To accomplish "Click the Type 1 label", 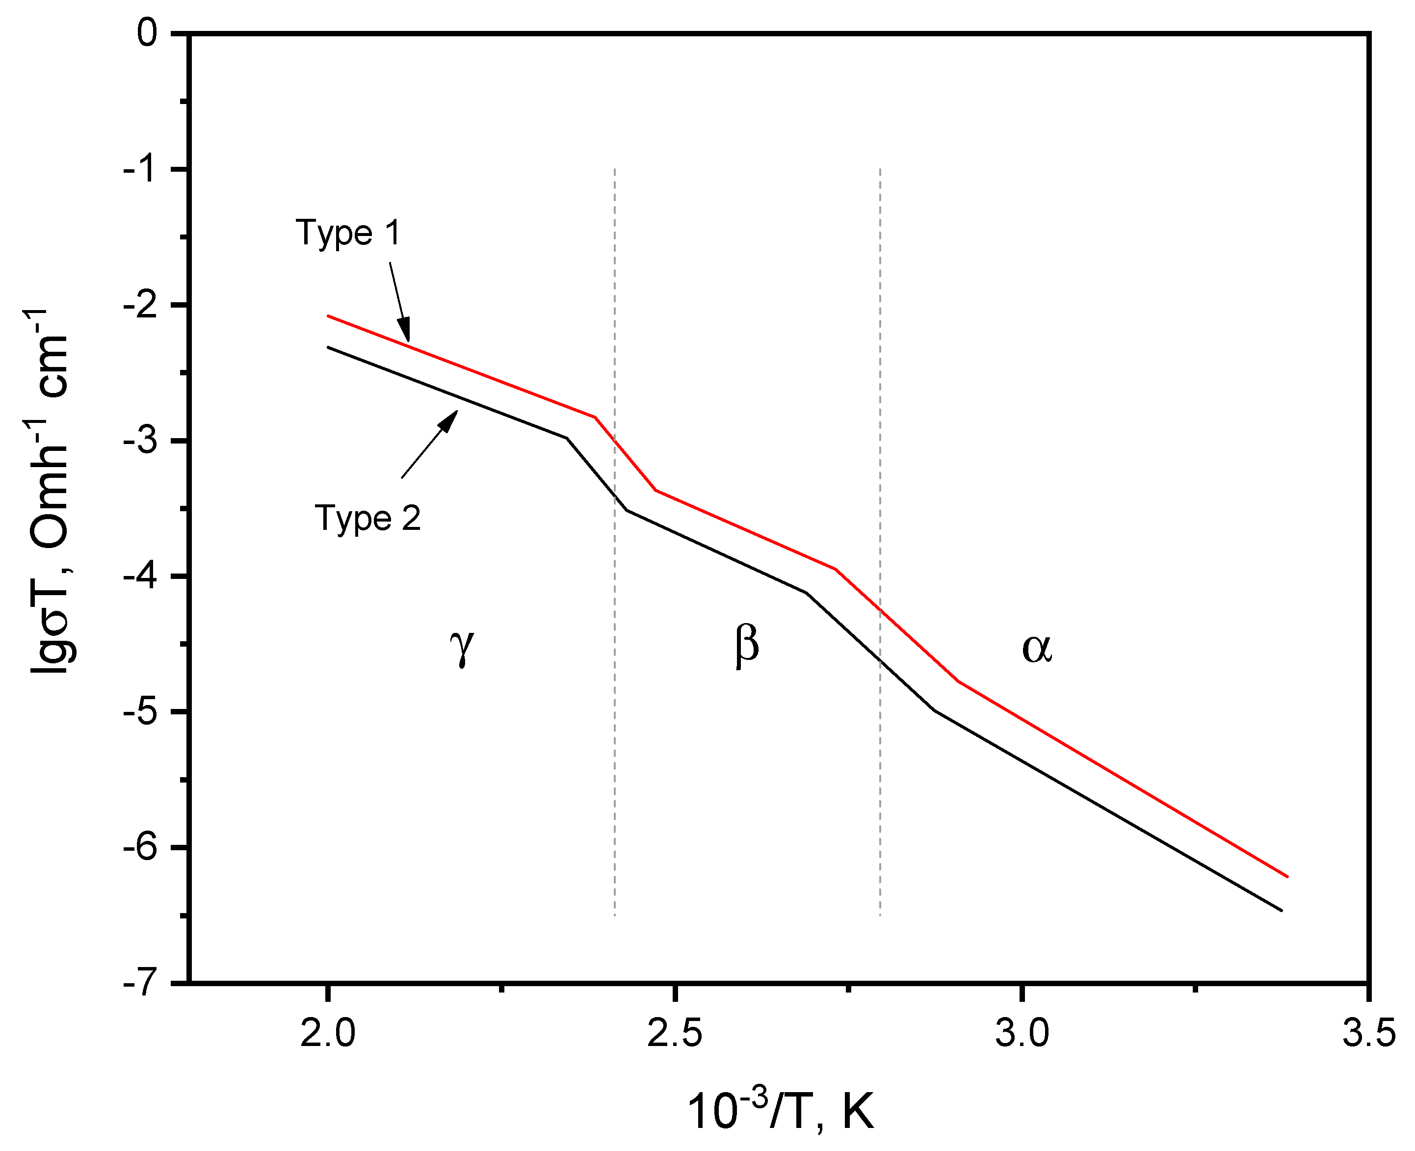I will pyautogui.click(x=348, y=233).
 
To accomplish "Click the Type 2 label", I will pyautogui.click(x=367, y=518).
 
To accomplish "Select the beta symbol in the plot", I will pyautogui.click(x=747, y=645).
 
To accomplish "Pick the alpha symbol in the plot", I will pyautogui.click(x=1036, y=649).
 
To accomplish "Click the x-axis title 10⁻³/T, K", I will pyautogui.click(x=780, y=1111).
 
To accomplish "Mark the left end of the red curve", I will pyautogui.click(x=328, y=316).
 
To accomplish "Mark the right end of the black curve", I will pyautogui.click(x=1282, y=911).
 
